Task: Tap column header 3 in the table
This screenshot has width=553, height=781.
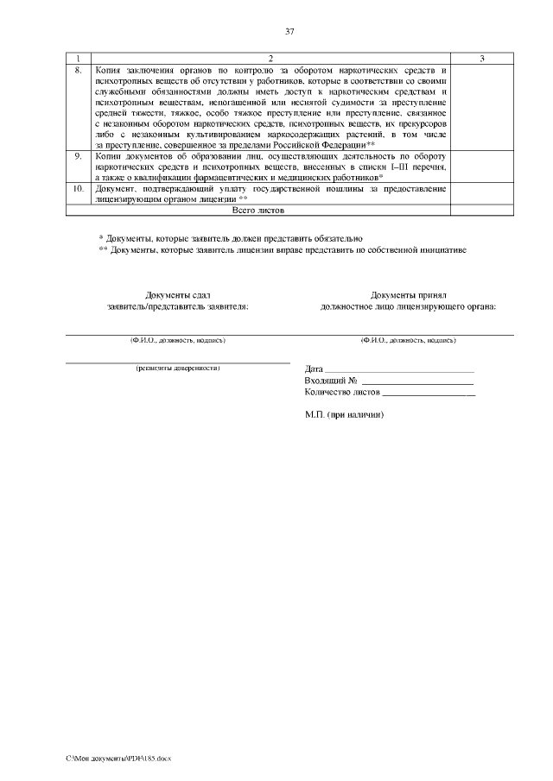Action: point(481,58)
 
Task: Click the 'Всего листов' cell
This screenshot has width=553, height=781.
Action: point(259,210)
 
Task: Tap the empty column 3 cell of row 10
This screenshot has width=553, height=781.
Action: point(481,192)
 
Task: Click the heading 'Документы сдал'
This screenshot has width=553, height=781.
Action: point(178,294)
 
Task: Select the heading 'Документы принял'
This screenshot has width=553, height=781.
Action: point(408,294)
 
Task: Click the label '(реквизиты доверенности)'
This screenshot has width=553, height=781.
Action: point(178,368)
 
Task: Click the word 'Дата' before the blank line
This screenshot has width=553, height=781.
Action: point(314,369)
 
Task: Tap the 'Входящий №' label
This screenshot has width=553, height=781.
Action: point(331,381)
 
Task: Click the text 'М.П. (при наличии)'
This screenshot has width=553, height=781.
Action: point(344,414)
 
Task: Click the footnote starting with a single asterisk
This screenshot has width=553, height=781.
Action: point(230,237)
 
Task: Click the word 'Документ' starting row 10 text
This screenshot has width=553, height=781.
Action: point(113,187)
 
